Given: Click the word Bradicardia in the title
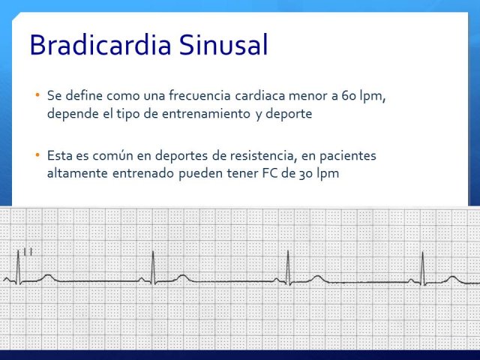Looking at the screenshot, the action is [100, 45].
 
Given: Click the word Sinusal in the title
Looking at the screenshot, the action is [223, 45].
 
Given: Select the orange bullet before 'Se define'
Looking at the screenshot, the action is [37, 95].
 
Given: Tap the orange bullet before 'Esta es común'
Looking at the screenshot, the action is [37, 155].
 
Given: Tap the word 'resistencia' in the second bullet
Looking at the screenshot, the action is [263, 155].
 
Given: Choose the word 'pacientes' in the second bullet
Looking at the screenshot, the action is [348, 156].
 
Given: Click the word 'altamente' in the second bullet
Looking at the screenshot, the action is [77, 173].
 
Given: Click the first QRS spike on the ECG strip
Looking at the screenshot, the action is [18, 267].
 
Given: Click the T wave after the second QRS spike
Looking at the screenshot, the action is [182, 277].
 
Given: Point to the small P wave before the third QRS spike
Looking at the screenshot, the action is [277, 280].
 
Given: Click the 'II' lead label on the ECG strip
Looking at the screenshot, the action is [28, 252].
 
